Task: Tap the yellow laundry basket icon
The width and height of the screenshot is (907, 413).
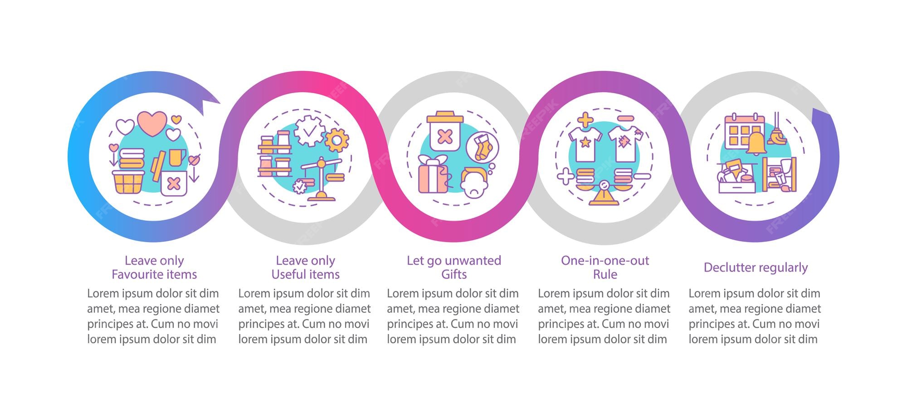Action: click(127, 182)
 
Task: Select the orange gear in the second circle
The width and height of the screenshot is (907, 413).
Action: click(337, 140)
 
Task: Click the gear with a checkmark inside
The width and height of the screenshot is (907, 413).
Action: click(309, 131)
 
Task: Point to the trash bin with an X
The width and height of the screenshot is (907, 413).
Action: click(444, 132)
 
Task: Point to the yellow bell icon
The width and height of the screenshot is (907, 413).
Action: click(757, 143)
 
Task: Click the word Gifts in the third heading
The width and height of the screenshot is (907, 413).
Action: click(454, 275)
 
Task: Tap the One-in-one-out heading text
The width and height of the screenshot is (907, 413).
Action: click(605, 261)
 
